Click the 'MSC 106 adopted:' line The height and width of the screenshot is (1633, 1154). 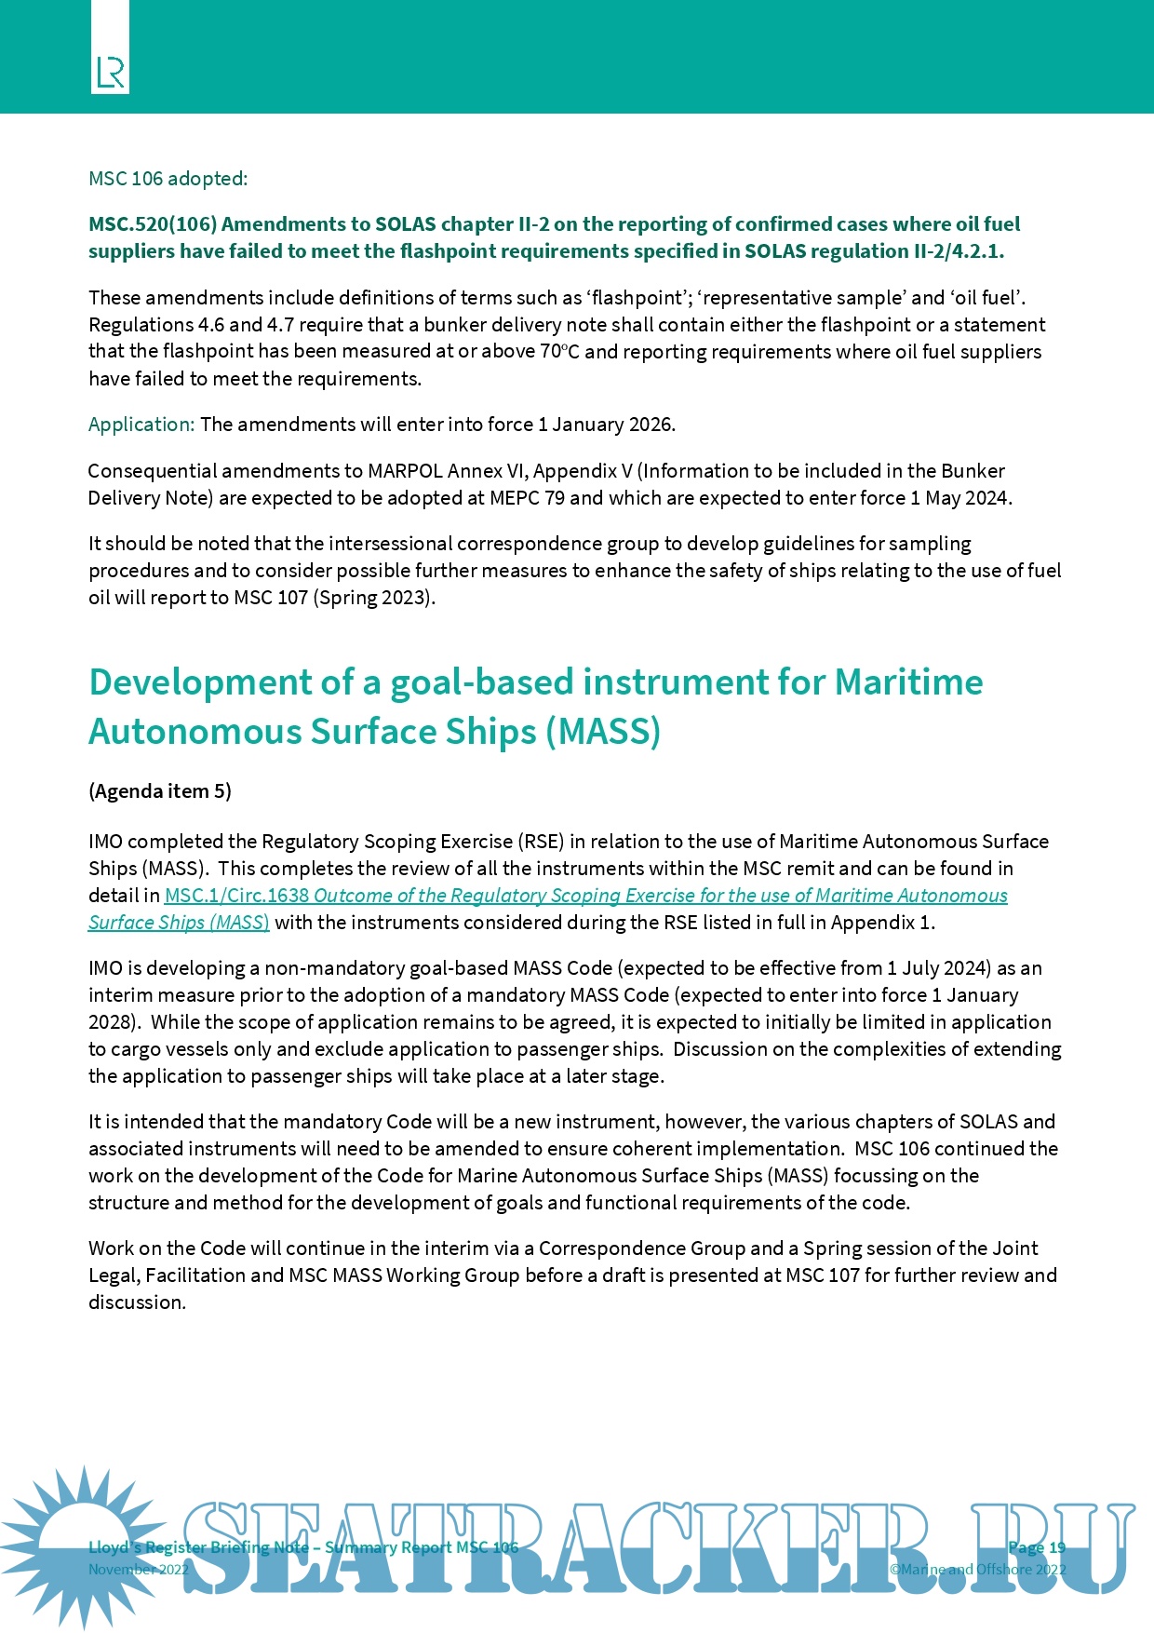[168, 178]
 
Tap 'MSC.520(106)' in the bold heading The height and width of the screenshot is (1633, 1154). [153, 224]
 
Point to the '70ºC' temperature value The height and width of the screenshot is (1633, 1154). [560, 352]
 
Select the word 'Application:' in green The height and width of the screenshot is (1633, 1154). [141, 425]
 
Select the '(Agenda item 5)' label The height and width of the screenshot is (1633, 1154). [160, 791]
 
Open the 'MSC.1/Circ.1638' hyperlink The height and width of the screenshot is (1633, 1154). [237, 896]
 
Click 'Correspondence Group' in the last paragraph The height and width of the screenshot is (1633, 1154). [641, 1248]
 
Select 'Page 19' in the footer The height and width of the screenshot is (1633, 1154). [1036, 1547]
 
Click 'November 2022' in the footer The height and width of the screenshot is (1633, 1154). [138, 1570]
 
